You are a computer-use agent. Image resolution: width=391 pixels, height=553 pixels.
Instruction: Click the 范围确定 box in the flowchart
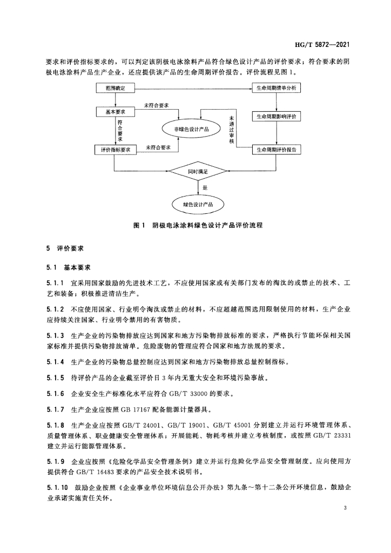(x=114, y=87)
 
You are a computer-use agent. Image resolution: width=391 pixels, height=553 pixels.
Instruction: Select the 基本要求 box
(x=114, y=111)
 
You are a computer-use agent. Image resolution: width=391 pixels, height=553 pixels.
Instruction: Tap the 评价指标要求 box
(x=116, y=149)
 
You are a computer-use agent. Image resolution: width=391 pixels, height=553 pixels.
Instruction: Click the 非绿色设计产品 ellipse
(x=191, y=130)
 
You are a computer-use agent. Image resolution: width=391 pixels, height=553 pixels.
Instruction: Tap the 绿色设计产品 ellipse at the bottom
(x=198, y=205)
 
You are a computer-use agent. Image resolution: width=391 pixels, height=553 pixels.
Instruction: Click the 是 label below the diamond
(x=205, y=187)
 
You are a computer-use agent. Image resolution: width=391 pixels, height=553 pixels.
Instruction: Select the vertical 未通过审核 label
(x=231, y=129)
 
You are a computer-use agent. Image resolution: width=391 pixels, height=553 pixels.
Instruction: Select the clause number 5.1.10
(x=57, y=488)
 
